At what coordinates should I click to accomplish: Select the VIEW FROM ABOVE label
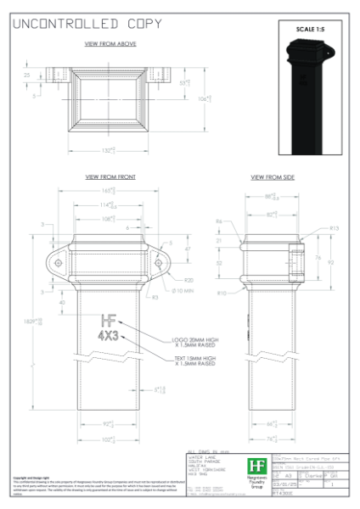click(110, 43)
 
